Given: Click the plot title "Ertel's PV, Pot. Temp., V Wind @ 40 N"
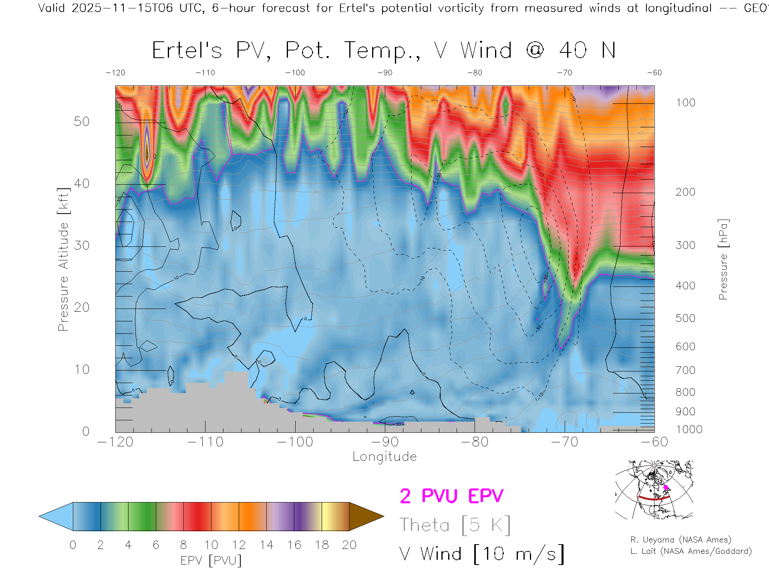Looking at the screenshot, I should [x=384, y=51].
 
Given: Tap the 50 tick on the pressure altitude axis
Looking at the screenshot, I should [x=81, y=121].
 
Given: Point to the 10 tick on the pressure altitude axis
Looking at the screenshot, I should [x=81, y=369].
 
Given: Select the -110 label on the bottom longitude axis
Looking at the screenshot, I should [x=205, y=442].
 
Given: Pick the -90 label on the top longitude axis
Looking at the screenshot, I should [x=385, y=73].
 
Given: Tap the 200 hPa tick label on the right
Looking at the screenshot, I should [x=685, y=192].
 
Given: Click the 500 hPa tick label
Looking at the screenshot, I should [x=685, y=318].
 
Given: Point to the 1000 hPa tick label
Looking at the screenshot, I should [x=689, y=430].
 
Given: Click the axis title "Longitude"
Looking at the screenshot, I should [x=384, y=457].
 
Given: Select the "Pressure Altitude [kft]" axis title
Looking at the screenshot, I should [x=63, y=259].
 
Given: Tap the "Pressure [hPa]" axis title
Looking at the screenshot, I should [x=723, y=259].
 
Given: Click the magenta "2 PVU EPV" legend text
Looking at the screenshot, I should [x=451, y=496].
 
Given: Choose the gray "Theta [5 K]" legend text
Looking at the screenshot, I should [x=455, y=525].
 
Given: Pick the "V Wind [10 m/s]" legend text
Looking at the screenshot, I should [x=481, y=554].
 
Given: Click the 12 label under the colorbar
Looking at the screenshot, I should [x=239, y=545].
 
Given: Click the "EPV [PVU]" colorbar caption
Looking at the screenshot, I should [x=211, y=561].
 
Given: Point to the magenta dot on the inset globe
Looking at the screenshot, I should [x=666, y=488].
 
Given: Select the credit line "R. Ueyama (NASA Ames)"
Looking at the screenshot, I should [x=680, y=540].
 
